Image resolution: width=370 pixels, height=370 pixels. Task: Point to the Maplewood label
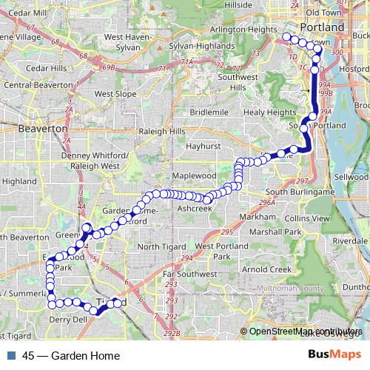(x=194, y=176)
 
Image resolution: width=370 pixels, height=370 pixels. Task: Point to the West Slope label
(x=115, y=94)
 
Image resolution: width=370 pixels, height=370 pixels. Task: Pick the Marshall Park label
(x=275, y=232)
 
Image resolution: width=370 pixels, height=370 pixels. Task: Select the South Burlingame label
(x=295, y=192)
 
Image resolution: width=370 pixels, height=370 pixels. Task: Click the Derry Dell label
(x=68, y=320)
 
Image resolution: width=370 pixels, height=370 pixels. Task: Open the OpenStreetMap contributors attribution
(x=306, y=332)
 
